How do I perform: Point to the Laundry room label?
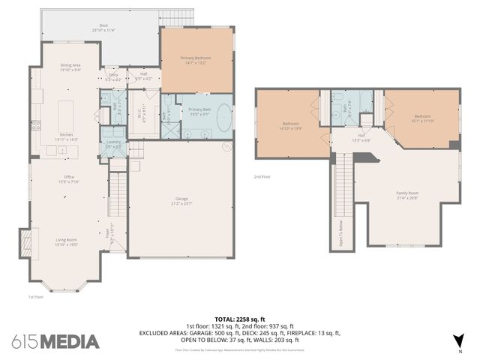[113, 143]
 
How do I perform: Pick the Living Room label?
[67, 241]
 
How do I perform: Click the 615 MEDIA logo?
[55, 341]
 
